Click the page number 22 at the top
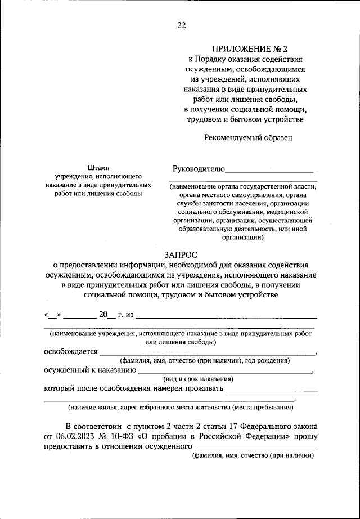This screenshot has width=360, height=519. pos(181,25)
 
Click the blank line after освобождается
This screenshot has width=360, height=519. pos(207,354)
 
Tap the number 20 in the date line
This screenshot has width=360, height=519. pos(103,314)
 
